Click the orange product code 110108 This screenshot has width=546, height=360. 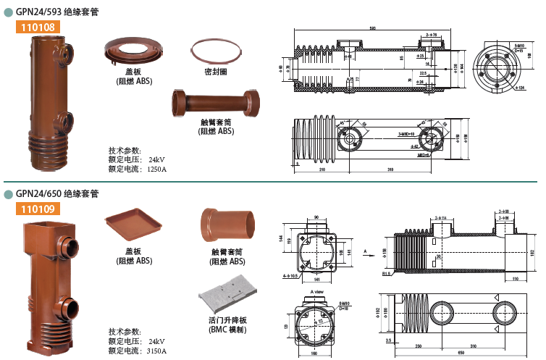coord(35,28)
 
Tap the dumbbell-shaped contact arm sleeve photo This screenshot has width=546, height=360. coord(217,101)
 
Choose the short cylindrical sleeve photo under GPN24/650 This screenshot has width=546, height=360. coord(228,224)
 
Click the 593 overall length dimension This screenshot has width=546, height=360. coord(372,28)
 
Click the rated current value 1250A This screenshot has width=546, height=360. coord(157,169)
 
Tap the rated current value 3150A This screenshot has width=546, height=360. coord(157,351)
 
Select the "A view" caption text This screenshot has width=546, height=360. coord(316,290)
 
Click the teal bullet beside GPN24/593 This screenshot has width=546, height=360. coord(8,12)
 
